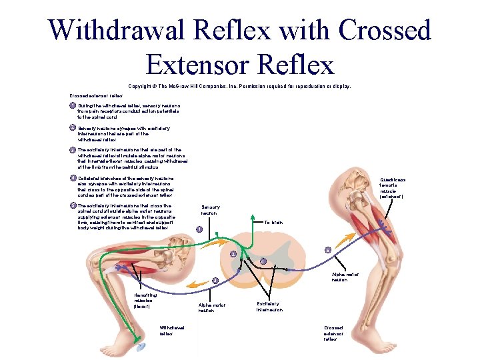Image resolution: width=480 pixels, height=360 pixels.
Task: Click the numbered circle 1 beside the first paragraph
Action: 73,105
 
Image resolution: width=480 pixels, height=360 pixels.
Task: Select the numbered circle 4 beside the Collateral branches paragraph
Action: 73,178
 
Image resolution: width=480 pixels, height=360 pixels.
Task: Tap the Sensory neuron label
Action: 211,210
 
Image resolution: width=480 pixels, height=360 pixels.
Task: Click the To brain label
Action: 274,222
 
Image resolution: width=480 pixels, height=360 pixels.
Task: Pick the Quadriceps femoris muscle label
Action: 392,188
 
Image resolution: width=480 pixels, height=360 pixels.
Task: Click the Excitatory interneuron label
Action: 270,307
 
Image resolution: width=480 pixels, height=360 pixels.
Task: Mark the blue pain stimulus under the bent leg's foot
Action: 140,347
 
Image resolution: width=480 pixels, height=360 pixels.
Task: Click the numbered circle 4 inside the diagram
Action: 264,261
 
